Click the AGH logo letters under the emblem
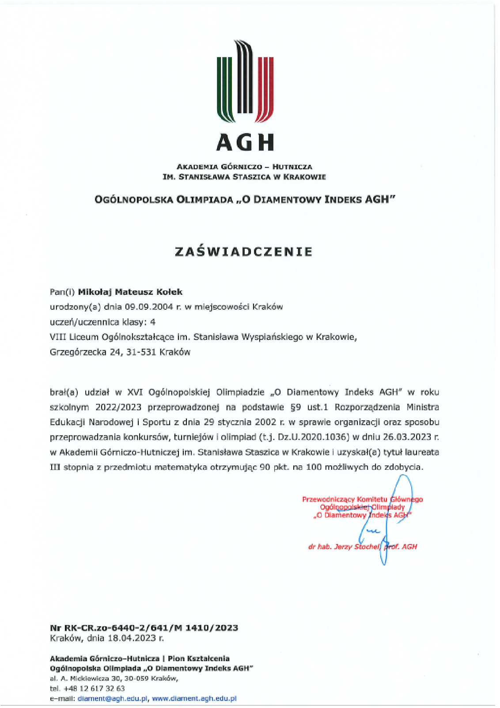(x=245, y=142)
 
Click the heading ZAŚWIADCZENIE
(x=244, y=251)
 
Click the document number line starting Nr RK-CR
(x=144, y=628)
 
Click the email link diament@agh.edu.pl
(x=112, y=699)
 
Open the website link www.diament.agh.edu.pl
(x=194, y=699)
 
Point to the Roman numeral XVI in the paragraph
(x=135, y=392)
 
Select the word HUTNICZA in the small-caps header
(x=292, y=167)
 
